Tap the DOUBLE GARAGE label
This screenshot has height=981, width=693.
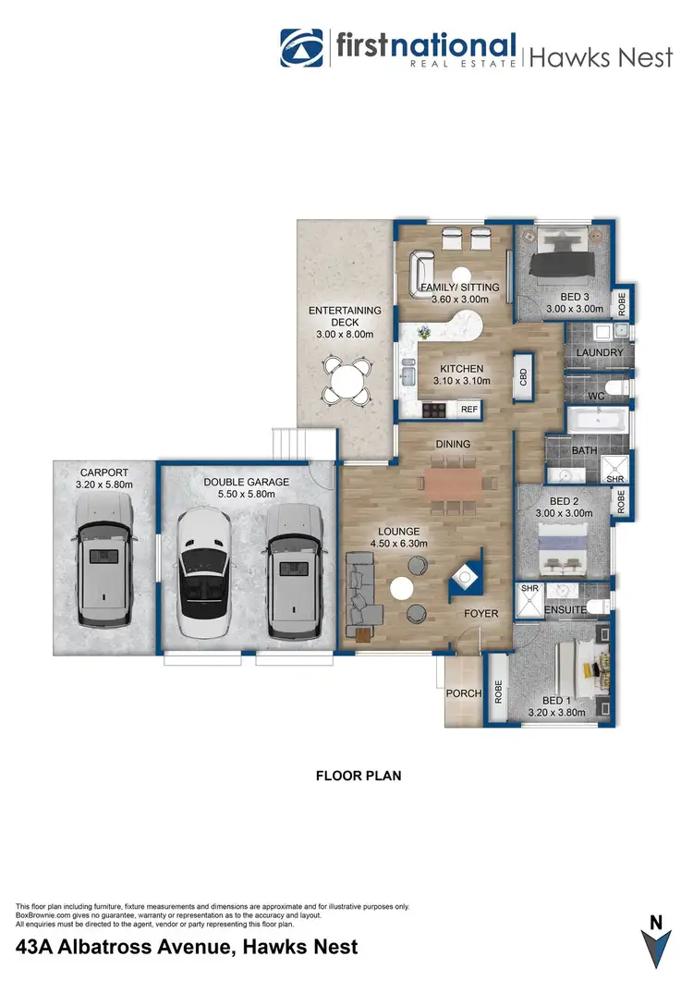247,482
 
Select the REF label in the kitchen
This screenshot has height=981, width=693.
469,409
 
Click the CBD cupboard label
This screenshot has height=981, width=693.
523,376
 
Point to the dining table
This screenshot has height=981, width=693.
453,481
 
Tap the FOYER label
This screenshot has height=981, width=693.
480,613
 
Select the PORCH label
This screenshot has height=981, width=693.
460,693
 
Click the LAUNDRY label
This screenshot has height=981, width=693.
600,353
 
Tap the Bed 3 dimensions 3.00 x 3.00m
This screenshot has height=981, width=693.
574,309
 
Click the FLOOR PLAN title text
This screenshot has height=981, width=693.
359,776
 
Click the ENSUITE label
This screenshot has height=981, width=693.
563,611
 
